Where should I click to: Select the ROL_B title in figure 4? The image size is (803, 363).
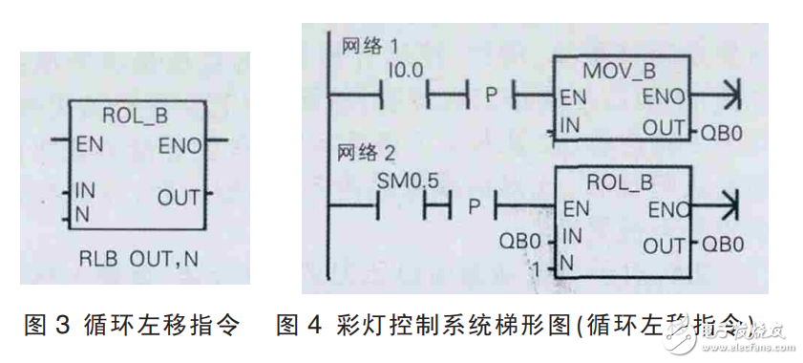tap(621, 180)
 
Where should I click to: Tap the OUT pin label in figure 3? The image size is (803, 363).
tap(179, 199)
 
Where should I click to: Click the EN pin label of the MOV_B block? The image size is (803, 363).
tap(574, 96)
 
